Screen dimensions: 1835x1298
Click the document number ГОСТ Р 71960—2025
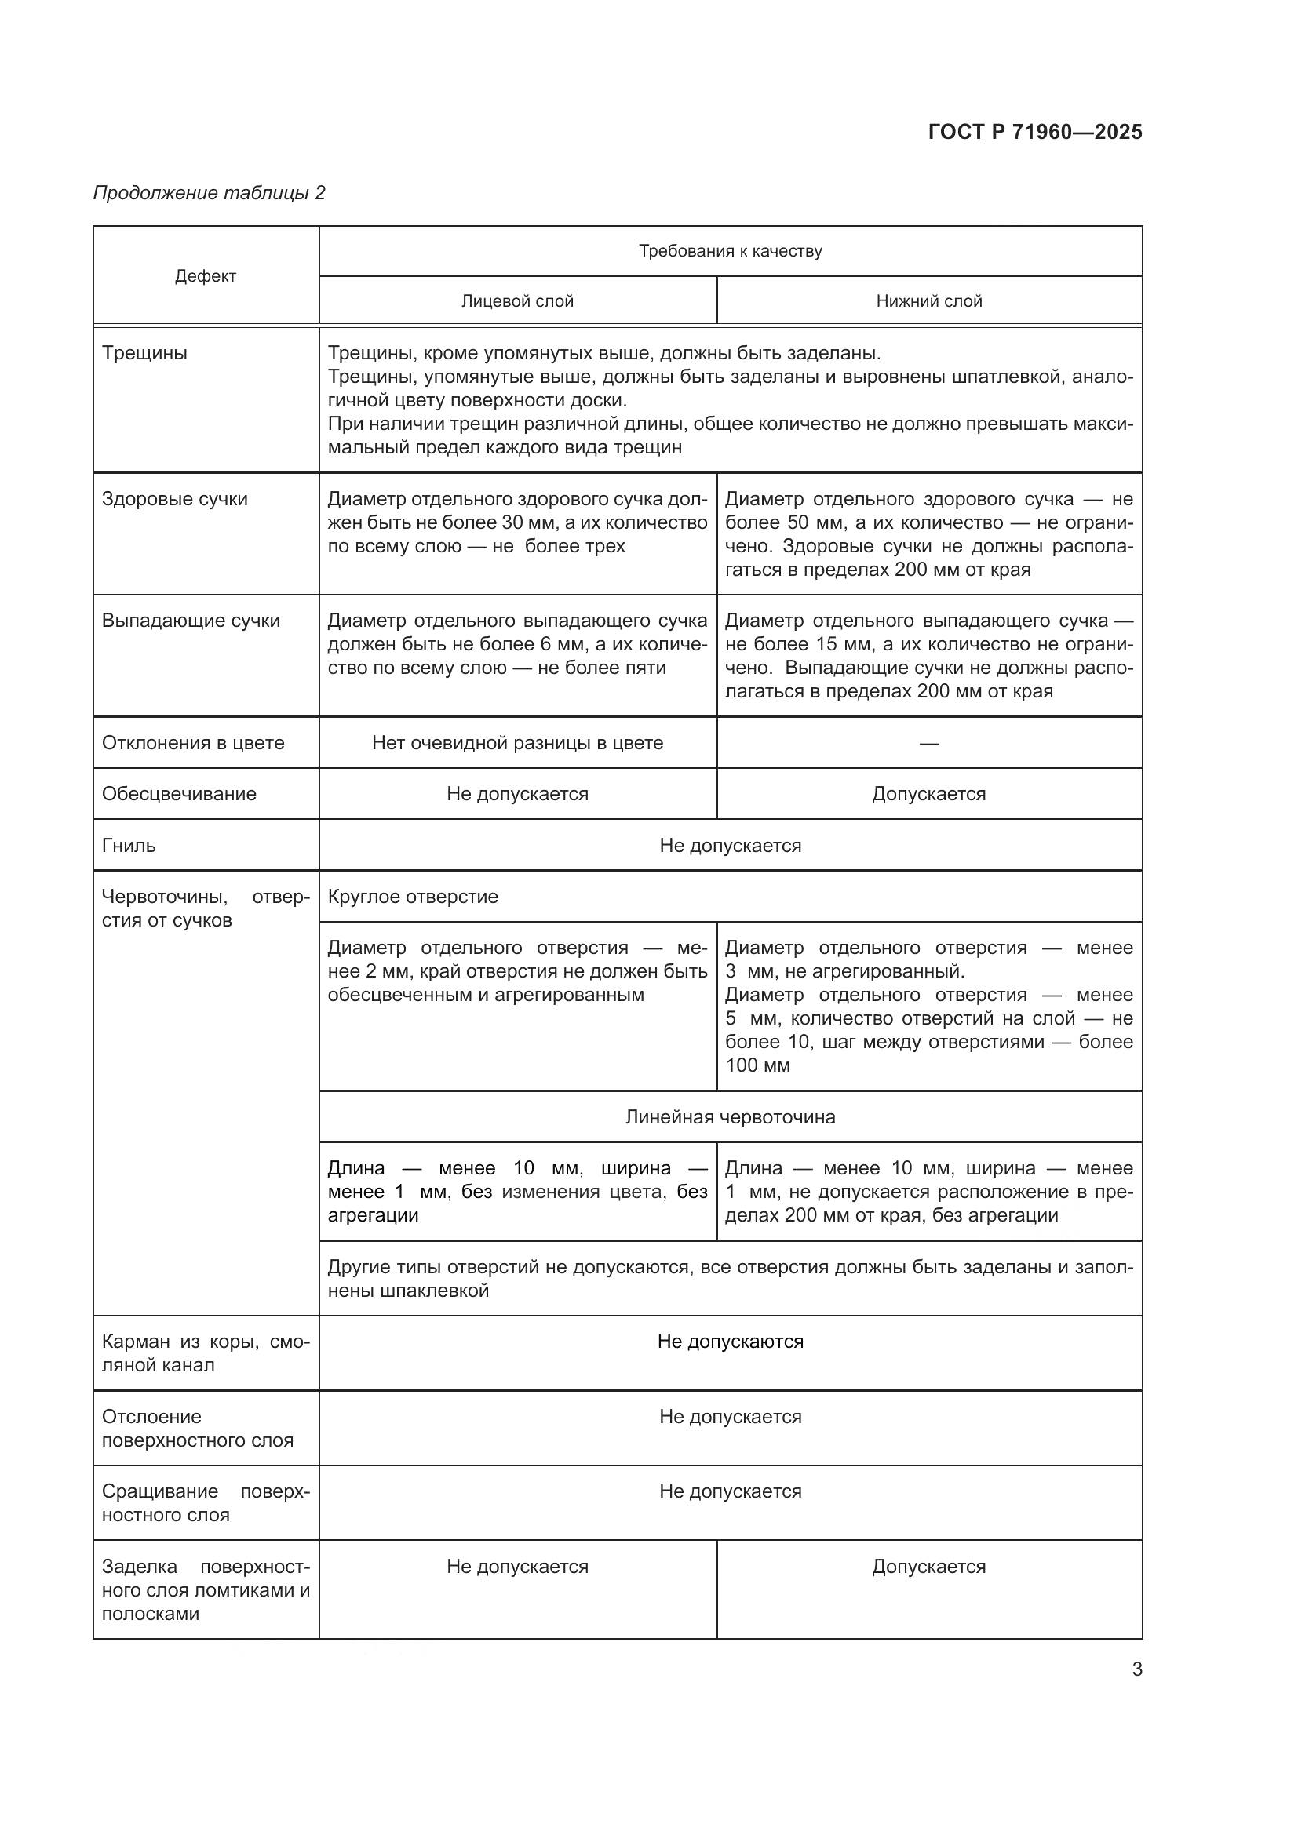1035,132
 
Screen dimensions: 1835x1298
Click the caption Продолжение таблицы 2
210,193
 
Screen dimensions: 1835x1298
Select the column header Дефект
206,276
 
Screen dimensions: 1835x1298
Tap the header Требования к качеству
730,251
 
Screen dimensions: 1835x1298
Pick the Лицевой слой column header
517,301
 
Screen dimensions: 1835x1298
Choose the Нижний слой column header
928,301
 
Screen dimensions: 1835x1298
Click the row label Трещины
144,353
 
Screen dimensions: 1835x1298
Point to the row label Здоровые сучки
174,500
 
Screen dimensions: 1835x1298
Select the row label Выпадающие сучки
190,621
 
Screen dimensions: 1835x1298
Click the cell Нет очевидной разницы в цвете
517,743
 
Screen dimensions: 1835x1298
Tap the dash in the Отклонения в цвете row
928,744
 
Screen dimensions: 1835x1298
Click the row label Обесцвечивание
179,795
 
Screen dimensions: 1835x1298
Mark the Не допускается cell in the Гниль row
730,846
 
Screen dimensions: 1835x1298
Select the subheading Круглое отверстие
413,897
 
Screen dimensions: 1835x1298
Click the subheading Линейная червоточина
730,1117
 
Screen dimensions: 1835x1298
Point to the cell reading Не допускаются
730,1342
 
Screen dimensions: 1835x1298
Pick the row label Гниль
129,846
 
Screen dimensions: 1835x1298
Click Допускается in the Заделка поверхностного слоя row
928,1567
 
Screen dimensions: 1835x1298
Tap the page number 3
1136,1669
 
